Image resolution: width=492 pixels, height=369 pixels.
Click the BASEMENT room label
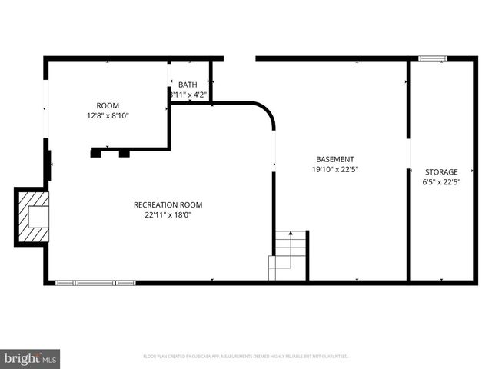(334, 159)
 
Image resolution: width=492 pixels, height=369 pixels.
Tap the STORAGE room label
(441, 172)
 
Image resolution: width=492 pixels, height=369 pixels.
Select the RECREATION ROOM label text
(168, 204)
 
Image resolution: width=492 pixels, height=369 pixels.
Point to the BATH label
(188, 85)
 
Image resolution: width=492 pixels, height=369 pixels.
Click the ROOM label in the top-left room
(108, 105)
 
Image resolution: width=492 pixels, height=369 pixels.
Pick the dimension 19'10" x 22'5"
(334, 170)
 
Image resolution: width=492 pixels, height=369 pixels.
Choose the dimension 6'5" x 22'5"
(441, 183)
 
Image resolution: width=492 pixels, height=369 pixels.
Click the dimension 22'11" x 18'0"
(168, 215)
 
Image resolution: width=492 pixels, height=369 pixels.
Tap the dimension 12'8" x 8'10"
(108, 116)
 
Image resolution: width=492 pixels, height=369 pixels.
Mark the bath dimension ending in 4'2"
(188, 95)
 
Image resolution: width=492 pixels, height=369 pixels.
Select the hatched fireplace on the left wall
(32, 218)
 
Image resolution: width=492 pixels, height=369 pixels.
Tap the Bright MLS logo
(31, 358)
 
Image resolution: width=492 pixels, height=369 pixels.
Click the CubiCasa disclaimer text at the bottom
(246, 357)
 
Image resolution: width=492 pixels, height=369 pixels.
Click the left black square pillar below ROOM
(96, 153)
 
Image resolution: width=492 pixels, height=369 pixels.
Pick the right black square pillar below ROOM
(124, 153)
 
